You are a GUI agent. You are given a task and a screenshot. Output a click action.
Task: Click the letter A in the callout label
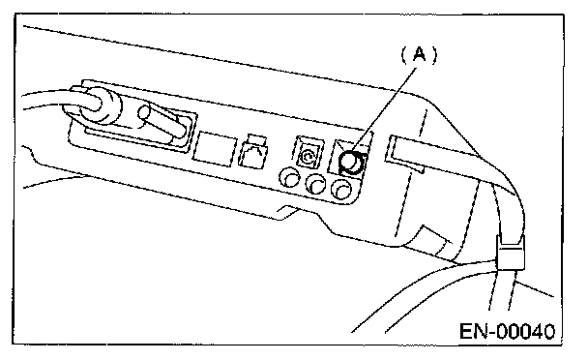tap(419, 55)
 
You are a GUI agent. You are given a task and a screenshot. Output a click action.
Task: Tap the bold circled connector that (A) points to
tap(351, 163)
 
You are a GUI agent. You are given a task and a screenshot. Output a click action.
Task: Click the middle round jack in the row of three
tap(315, 184)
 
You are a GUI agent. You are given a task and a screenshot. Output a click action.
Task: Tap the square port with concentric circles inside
tap(309, 153)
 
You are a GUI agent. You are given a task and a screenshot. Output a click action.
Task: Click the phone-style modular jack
tap(253, 151)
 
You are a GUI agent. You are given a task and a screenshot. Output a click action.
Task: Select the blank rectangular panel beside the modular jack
tap(215, 148)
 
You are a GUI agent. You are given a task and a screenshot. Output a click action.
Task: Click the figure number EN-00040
tap(507, 332)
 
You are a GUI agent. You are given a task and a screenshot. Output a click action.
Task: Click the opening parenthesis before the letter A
tap(404, 55)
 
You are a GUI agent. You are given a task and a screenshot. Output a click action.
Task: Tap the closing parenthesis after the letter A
tap(433, 55)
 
